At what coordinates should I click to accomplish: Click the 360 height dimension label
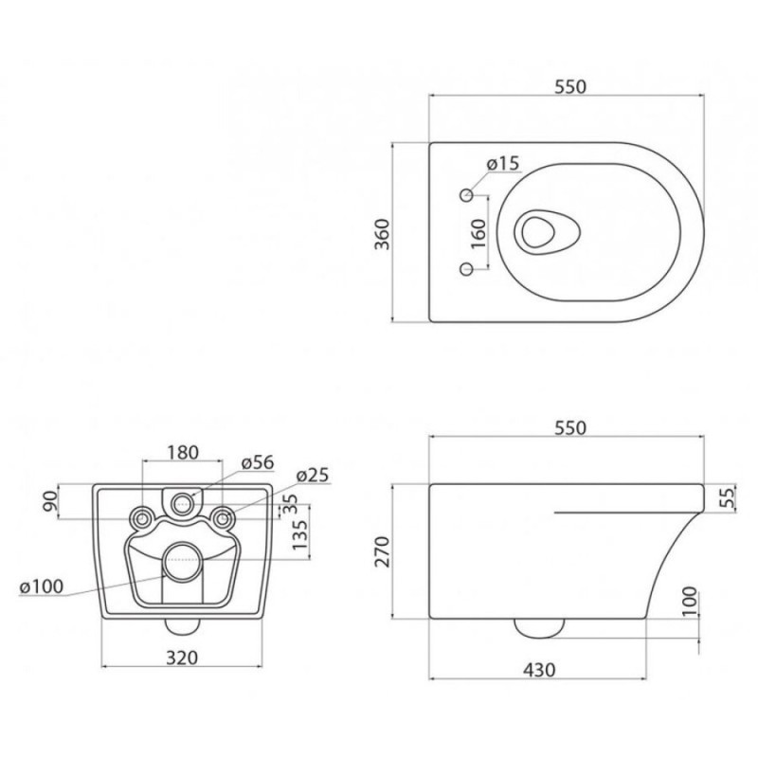click(383, 234)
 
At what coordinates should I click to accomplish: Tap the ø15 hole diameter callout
click(503, 163)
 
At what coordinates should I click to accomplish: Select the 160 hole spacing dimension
click(478, 233)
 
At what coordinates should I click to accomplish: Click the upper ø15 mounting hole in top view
click(467, 195)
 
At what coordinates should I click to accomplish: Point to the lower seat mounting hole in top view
click(466, 269)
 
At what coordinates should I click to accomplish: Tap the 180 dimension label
click(183, 453)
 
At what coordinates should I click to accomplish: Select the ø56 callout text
click(258, 462)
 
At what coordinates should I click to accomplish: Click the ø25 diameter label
click(313, 476)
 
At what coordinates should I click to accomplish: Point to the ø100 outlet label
click(42, 587)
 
